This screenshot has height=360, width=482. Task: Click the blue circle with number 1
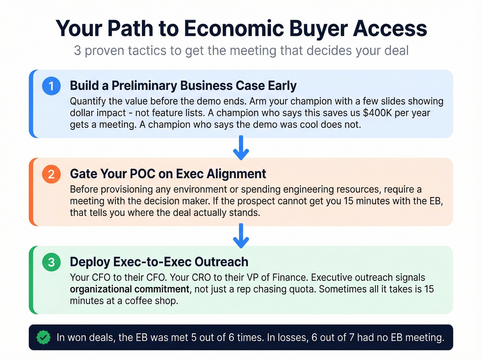point(51,86)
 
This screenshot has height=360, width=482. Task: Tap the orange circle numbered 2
point(51,174)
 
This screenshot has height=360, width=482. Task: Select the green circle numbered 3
point(51,262)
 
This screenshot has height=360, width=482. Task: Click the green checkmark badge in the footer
point(43,337)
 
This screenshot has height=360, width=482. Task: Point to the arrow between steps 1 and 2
point(241,148)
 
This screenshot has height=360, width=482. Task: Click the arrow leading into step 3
point(241,236)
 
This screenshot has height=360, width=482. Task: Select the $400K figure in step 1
point(377,113)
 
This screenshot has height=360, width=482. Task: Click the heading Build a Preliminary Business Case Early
point(183,86)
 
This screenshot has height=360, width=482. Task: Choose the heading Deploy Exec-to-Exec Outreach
point(159,262)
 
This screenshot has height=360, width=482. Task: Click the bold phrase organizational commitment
point(129,289)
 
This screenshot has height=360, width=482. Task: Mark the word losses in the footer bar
point(292,337)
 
